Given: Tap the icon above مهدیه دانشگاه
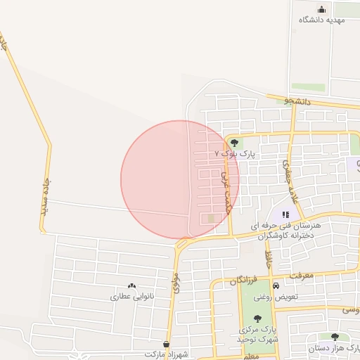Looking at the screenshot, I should (x=322, y=9).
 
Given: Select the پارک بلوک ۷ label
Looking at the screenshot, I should (x=235, y=153).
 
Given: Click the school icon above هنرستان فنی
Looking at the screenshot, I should (x=285, y=214).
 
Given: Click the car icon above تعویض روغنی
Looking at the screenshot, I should (x=276, y=286).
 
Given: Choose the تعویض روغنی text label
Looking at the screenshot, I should (x=276, y=297).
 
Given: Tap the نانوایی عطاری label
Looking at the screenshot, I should (x=131, y=297).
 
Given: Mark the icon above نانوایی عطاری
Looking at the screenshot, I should (x=131, y=285).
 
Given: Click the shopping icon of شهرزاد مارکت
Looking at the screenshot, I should (x=166, y=345).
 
